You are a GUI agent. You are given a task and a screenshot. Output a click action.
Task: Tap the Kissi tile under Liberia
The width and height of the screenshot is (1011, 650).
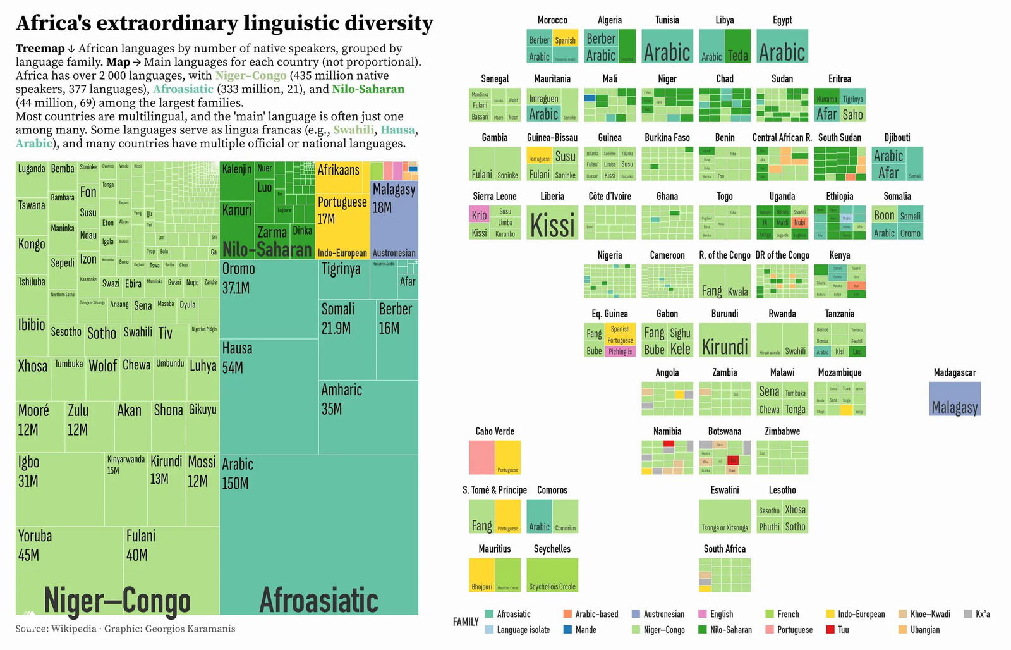click(x=552, y=223)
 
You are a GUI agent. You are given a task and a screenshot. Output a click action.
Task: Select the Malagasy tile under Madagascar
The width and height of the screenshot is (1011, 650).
click(x=955, y=400)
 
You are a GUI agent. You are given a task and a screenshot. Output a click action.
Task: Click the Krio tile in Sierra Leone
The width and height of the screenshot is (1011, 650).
click(x=479, y=215)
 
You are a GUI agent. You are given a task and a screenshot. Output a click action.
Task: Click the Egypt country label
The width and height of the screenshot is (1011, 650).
click(x=782, y=20)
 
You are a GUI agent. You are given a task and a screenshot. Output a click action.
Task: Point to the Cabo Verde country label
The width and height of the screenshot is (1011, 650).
click(x=495, y=431)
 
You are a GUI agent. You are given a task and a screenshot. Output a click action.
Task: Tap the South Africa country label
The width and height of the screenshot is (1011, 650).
click(x=725, y=549)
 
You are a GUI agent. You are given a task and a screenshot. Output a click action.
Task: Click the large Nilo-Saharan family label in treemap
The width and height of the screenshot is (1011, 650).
click(x=267, y=249)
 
